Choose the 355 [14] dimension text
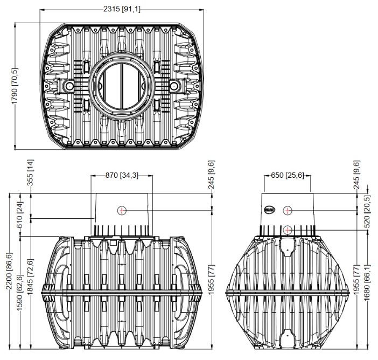[x=30, y=172]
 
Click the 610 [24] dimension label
[x=20, y=218]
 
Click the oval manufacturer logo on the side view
[x=270, y=210]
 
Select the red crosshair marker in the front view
[x=122, y=210]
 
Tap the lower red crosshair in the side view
[x=288, y=230]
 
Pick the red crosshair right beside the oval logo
[x=288, y=211]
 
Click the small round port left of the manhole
[x=69, y=85]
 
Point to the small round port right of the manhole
[x=174, y=85]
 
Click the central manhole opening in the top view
[x=122, y=86]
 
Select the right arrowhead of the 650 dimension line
[x=309, y=176]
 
